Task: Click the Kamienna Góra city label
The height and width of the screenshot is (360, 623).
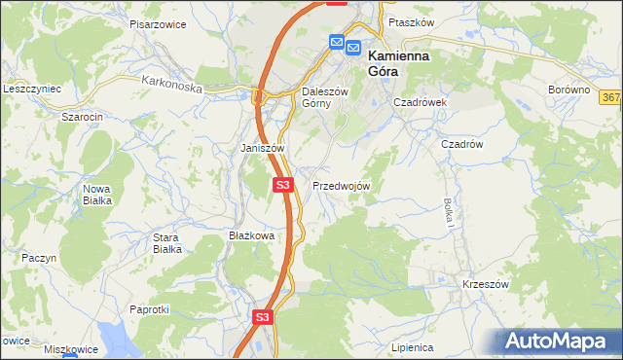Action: click(399, 63)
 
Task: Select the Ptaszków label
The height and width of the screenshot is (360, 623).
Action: click(408, 21)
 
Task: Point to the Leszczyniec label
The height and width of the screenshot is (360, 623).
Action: click(33, 88)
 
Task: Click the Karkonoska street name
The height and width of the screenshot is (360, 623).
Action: click(170, 86)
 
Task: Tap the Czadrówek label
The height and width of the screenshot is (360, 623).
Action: click(420, 101)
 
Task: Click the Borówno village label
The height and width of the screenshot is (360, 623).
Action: click(569, 90)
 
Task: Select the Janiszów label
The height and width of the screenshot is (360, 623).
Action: click(262, 148)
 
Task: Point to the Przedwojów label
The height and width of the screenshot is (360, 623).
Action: click(341, 185)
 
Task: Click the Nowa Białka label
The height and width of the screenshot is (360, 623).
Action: click(97, 194)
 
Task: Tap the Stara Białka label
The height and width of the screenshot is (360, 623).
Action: click(167, 242)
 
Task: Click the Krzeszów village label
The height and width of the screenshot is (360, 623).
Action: click(487, 284)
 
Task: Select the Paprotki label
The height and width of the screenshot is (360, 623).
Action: click(150, 308)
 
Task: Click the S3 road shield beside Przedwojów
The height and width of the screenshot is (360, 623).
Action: click(283, 185)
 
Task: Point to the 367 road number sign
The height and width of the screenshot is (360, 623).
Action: click(611, 98)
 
